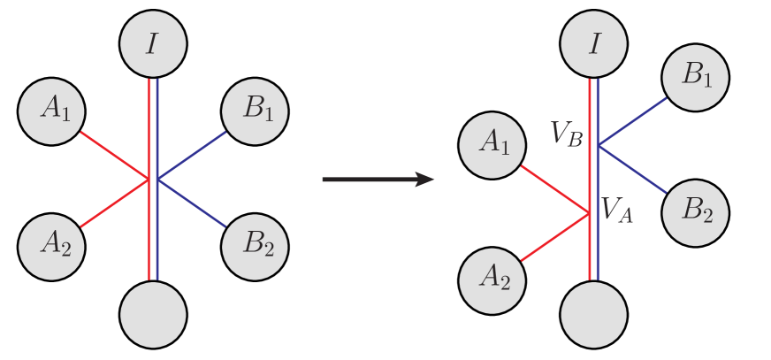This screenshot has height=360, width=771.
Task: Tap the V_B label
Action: tap(567, 134)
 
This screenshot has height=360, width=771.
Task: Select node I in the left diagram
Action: tap(153, 43)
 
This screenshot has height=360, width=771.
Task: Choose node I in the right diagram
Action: tap(594, 43)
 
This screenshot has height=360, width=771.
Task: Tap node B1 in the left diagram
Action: tap(254, 111)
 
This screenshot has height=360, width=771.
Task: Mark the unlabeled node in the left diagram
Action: tap(153, 314)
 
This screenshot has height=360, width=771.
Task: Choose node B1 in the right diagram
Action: tap(696, 75)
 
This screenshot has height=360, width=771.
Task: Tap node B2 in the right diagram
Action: tap(696, 212)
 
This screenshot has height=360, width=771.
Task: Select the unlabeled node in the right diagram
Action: tap(594, 314)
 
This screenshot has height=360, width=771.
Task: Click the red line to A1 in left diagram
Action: tap(114, 156)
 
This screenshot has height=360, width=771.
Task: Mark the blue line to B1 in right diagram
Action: tap(632, 119)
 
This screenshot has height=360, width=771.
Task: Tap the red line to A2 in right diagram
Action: tap(555, 237)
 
